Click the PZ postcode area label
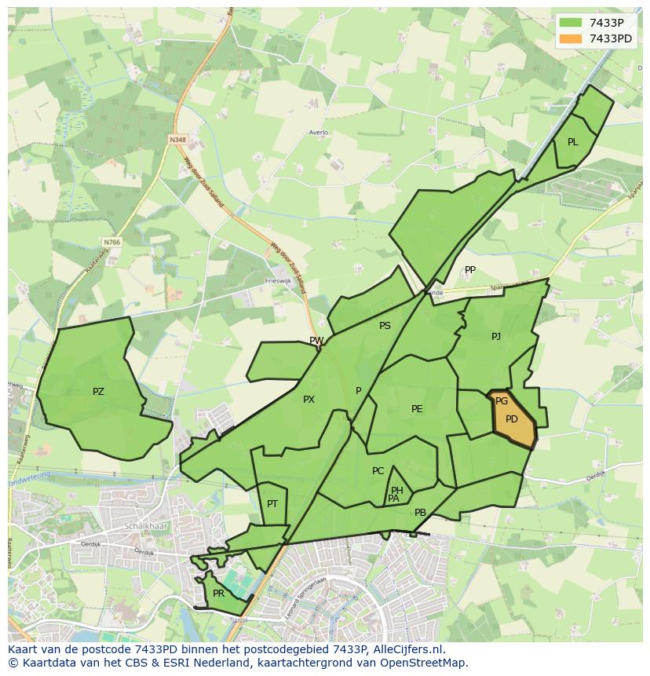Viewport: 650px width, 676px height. pyautogui.click(x=98, y=392)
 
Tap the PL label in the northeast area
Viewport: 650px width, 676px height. pyautogui.click(x=572, y=142)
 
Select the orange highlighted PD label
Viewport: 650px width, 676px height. pyautogui.click(x=512, y=419)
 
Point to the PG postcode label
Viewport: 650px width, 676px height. pyautogui.click(x=502, y=401)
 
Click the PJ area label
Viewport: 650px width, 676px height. pyautogui.click(x=496, y=337)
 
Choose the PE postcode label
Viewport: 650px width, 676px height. pyautogui.click(x=417, y=409)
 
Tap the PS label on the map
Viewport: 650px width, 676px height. pyautogui.click(x=385, y=326)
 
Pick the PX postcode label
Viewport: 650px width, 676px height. pyautogui.click(x=309, y=400)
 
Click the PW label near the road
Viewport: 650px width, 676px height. pyautogui.click(x=316, y=341)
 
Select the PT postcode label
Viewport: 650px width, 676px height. pyautogui.click(x=272, y=504)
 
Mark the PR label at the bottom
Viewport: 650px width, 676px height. pyautogui.click(x=218, y=594)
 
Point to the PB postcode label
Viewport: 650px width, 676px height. pyautogui.click(x=420, y=513)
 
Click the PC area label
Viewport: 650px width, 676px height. pyautogui.click(x=378, y=471)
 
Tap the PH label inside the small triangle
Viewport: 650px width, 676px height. pyautogui.click(x=397, y=491)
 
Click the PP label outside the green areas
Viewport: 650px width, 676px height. pyautogui.click(x=470, y=270)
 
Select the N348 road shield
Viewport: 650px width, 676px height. pyautogui.click(x=178, y=140)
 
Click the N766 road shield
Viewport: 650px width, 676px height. pyautogui.click(x=111, y=243)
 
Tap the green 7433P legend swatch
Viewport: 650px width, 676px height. pyautogui.click(x=571, y=23)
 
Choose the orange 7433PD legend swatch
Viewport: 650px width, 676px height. pyautogui.click(x=571, y=38)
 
